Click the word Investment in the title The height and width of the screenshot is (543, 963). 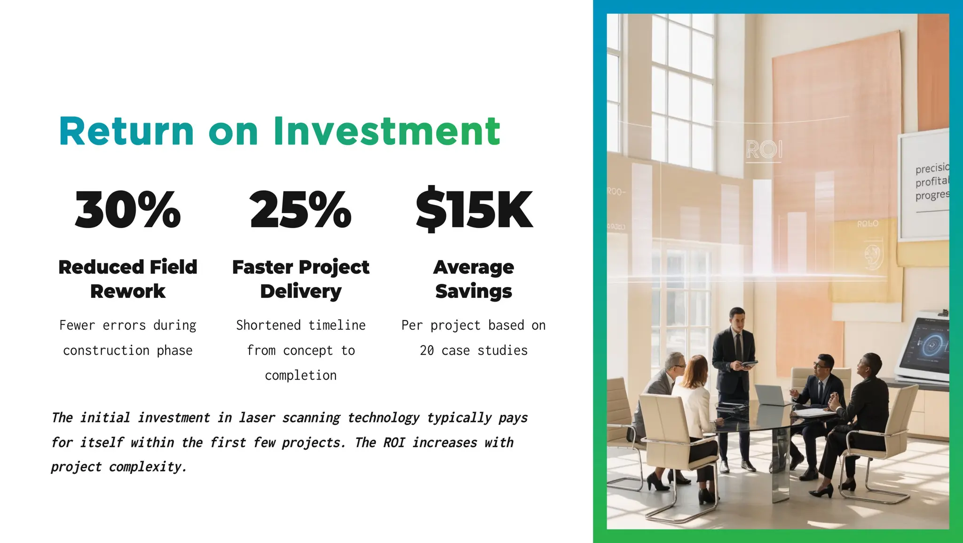(x=387, y=131)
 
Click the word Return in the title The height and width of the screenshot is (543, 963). (x=126, y=131)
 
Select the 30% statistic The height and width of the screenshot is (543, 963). (x=128, y=210)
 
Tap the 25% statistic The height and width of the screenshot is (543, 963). (x=300, y=210)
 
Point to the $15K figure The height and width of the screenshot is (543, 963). (x=474, y=210)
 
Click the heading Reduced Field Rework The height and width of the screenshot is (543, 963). (x=128, y=279)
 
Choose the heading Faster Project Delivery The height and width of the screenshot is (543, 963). (x=300, y=279)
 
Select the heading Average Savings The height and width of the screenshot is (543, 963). (x=474, y=279)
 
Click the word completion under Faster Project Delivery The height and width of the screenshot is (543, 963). (x=300, y=375)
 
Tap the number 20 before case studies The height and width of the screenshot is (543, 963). (x=427, y=351)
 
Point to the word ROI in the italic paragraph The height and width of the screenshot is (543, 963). (x=394, y=443)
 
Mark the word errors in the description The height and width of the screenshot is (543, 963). (x=124, y=326)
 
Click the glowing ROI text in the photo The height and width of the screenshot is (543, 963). (x=764, y=150)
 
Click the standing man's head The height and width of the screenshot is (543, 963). (x=737, y=319)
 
